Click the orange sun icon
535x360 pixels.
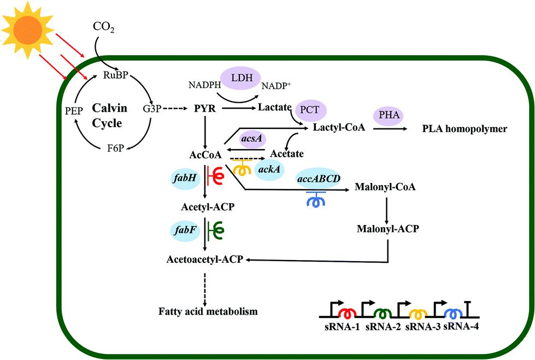point(28,30)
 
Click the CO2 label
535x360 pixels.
point(104,27)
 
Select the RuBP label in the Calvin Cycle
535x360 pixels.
point(115,75)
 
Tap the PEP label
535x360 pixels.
point(74,111)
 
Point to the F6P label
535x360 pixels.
point(115,149)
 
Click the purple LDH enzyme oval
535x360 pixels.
point(240,78)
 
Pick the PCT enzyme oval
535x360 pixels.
point(310,110)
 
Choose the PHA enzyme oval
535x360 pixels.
point(389,115)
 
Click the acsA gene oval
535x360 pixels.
point(252,139)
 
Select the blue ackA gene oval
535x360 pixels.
point(269,169)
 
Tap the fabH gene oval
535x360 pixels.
point(185,178)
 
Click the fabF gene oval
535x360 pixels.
point(185,231)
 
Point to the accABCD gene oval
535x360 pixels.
point(319,179)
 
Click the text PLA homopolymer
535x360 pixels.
point(465,129)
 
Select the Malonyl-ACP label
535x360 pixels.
point(387,229)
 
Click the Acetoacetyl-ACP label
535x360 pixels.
point(205,259)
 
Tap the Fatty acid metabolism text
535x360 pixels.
point(208,311)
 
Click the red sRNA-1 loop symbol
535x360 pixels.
point(347,312)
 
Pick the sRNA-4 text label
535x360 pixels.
point(461,327)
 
